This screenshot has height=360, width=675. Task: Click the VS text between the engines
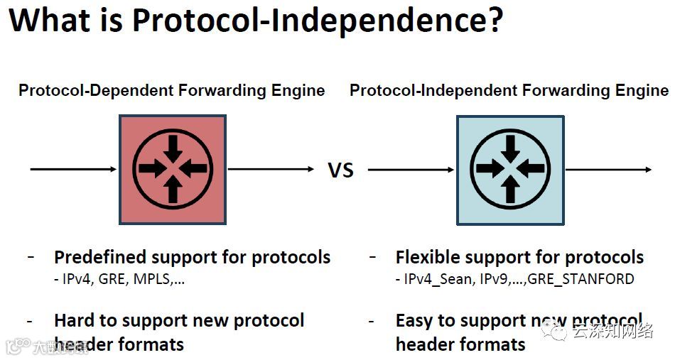(x=340, y=170)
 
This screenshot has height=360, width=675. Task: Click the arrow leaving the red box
(x=270, y=169)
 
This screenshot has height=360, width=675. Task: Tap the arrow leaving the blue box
(x=608, y=169)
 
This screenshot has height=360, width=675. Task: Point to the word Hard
(x=74, y=320)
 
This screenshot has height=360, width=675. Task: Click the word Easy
(x=414, y=321)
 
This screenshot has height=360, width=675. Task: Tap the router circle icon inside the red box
(x=173, y=169)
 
